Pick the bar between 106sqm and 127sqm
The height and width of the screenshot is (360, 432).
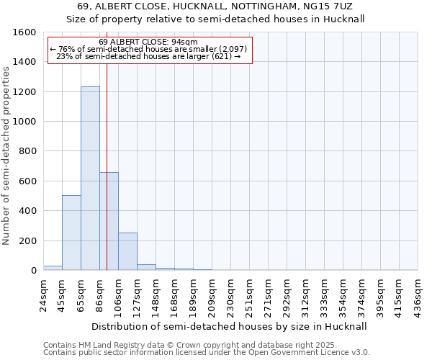[x=127, y=251]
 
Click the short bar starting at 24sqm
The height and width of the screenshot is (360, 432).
[x=53, y=268]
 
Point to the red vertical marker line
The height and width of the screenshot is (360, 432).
[x=107, y=144]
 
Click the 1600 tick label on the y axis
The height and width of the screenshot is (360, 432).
[x=24, y=32]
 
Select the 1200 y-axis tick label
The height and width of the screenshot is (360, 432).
[x=24, y=92]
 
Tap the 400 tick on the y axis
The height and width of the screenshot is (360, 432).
[x=27, y=211]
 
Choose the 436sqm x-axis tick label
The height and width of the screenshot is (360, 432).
[x=418, y=292]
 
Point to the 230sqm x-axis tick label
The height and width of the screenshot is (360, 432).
[x=231, y=292]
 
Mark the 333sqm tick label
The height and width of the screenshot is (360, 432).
[x=325, y=292]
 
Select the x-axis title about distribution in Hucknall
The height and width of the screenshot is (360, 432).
[x=230, y=326]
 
